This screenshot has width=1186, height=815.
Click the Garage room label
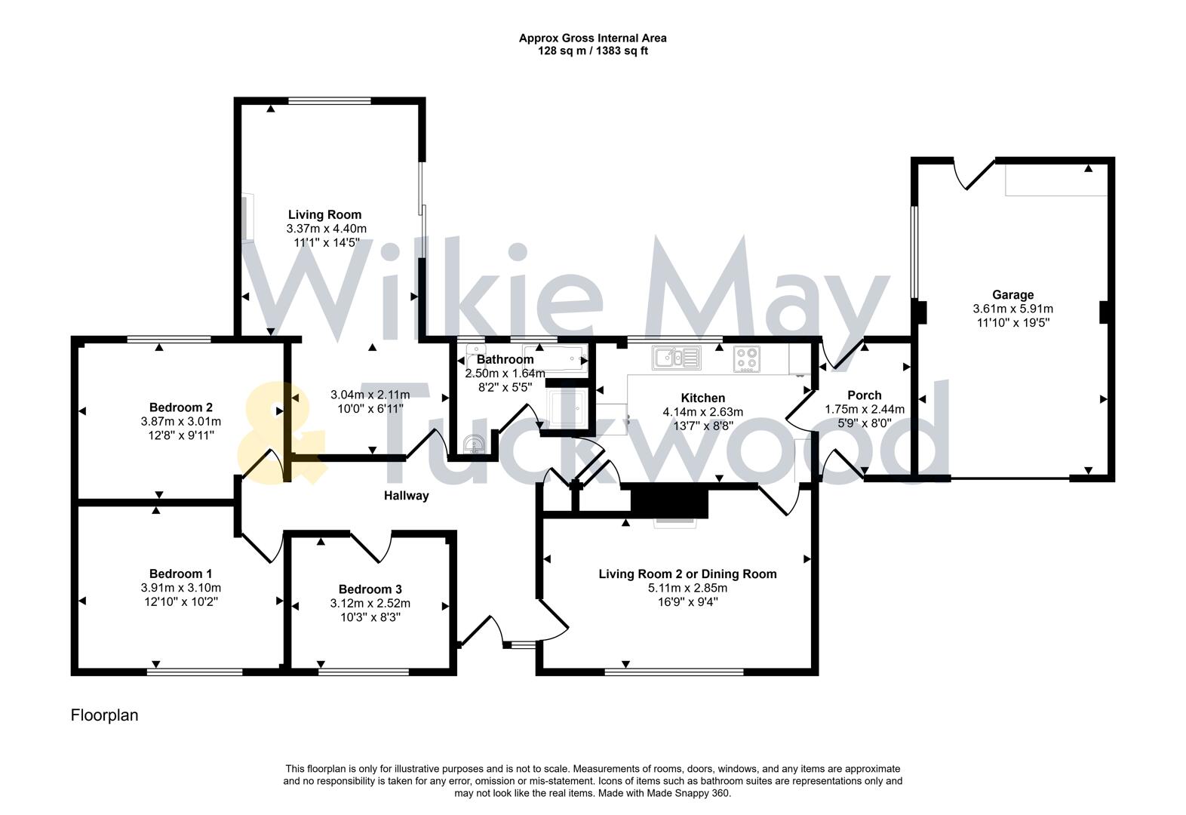pyautogui.click(x=1012, y=295)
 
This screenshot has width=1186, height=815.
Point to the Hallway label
pyautogui.click(x=406, y=496)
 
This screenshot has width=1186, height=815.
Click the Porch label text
pyautogui.click(x=864, y=395)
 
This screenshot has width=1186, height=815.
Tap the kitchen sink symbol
pyautogui.click(x=677, y=357)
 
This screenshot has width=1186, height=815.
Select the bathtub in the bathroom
pyautogui.click(x=555, y=357)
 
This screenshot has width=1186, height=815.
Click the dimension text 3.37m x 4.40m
pyautogui.click(x=326, y=229)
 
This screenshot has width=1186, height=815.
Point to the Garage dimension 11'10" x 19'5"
pyautogui.click(x=1012, y=322)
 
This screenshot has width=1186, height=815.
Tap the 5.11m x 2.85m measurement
pyautogui.click(x=687, y=588)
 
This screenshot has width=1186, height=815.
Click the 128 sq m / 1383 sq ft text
pyautogui.click(x=592, y=51)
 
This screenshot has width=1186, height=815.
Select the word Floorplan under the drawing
pyautogui.click(x=104, y=715)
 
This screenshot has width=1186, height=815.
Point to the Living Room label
pyautogui.click(x=324, y=215)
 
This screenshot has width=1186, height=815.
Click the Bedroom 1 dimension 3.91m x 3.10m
pyautogui.click(x=180, y=588)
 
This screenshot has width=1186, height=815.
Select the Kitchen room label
pyautogui.click(x=702, y=398)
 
